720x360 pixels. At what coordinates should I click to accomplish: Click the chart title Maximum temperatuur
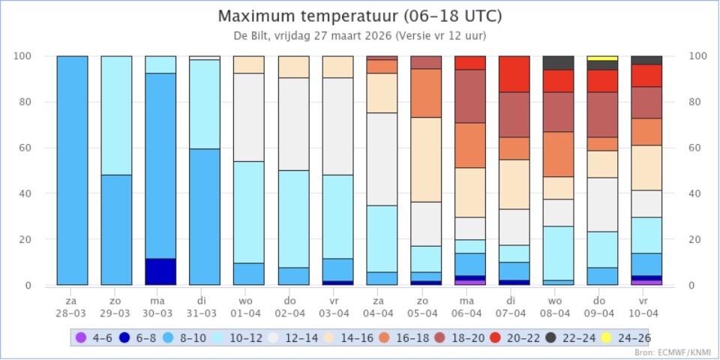pos(359,16)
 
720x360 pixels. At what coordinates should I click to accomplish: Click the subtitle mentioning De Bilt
pos(359,35)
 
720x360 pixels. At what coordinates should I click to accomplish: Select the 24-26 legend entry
pos(627,337)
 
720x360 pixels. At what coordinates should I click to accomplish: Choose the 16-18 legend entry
pos(404,337)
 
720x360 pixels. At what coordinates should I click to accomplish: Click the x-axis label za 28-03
pos(72,306)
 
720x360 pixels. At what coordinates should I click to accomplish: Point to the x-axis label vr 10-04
pos(646,306)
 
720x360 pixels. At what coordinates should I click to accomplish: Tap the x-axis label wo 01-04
pos(248,306)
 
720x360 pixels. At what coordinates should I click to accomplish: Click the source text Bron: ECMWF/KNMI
pos(673,352)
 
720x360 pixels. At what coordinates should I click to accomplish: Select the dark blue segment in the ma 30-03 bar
pos(160,271)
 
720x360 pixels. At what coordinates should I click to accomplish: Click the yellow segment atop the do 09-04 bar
pos(601,58)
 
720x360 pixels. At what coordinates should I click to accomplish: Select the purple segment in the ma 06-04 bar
pos(469,283)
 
